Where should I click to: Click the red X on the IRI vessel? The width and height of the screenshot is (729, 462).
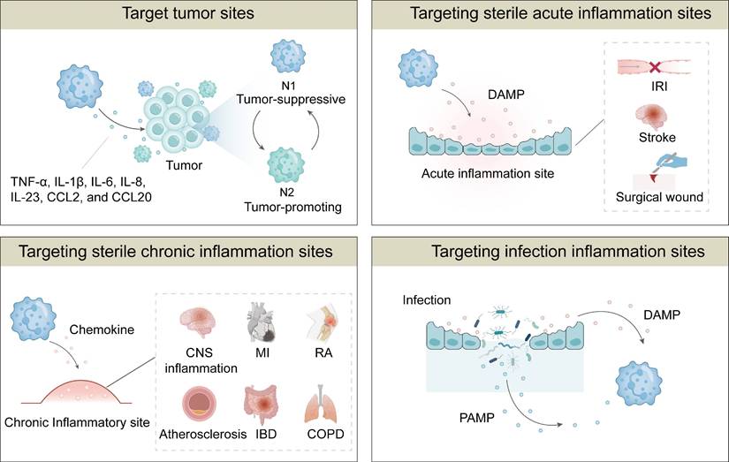point(657,67)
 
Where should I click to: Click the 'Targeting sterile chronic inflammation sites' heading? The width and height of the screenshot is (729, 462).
point(177,252)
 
